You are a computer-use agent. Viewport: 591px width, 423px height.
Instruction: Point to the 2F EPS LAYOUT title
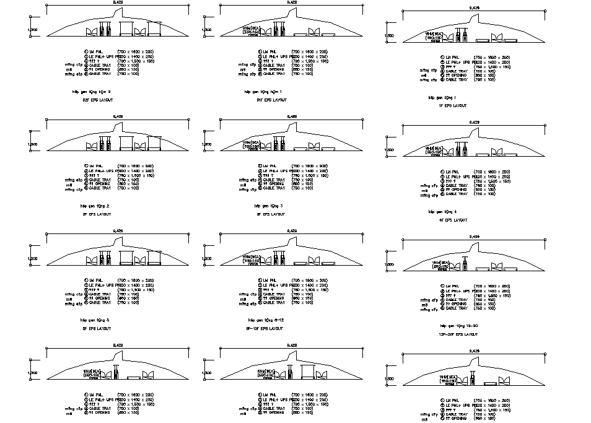[x=96, y=214]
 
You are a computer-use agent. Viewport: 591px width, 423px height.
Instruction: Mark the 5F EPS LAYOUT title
[x=96, y=328]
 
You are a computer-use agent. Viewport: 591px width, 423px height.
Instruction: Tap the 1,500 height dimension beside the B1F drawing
[x=208, y=30]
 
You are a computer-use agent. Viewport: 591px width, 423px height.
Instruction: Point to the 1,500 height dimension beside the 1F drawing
[x=390, y=36]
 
